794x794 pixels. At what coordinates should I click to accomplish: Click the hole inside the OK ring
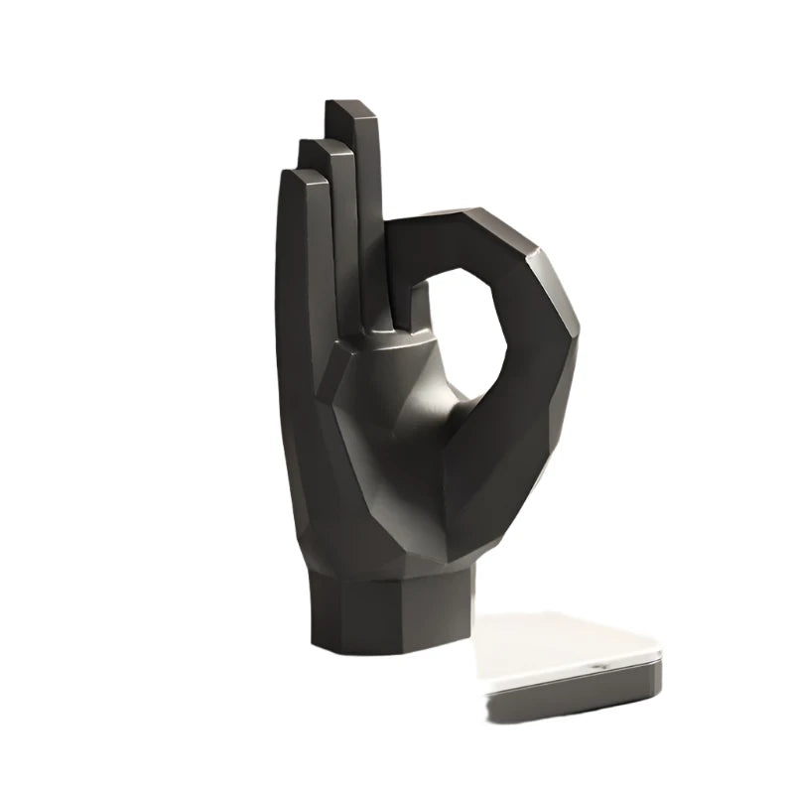[464, 328]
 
